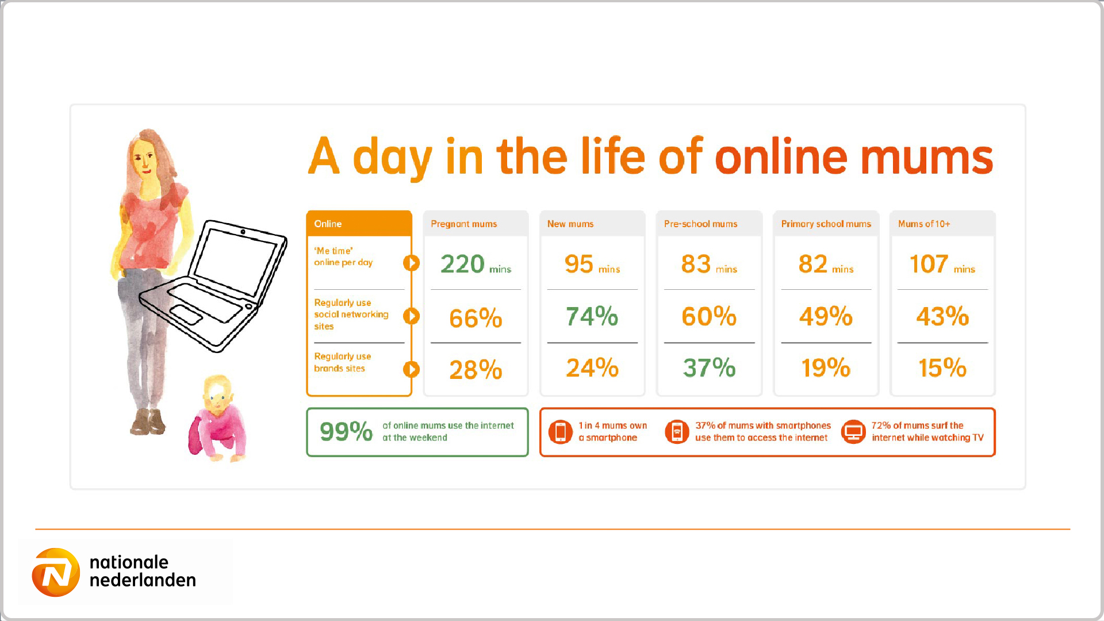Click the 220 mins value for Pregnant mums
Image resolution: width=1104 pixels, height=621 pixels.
point(476,264)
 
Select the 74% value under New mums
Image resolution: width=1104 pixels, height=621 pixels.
point(592,316)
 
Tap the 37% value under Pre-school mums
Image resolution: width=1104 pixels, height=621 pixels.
point(709,368)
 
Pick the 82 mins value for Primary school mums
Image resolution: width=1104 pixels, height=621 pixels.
point(826,264)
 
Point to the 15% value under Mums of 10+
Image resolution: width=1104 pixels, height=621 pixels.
point(942,368)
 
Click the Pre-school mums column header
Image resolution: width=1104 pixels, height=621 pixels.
point(700,224)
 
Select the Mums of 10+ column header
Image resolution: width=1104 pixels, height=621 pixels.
point(924,224)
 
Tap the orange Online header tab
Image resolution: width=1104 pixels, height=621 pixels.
point(359,224)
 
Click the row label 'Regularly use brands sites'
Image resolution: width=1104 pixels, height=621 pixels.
point(343,362)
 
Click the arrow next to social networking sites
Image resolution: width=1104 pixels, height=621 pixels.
point(411,316)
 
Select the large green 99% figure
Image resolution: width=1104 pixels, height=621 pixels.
point(346,431)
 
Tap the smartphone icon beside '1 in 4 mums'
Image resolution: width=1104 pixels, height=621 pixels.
point(561,432)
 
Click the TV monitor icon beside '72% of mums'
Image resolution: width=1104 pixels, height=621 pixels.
point(853,432)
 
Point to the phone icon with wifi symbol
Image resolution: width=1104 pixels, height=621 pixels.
point(677,432)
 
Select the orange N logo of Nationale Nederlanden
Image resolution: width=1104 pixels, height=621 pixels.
point(56,572)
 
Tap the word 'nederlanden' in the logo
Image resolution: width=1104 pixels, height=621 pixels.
point(143,580)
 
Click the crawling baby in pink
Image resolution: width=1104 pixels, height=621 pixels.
point(218,418)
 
